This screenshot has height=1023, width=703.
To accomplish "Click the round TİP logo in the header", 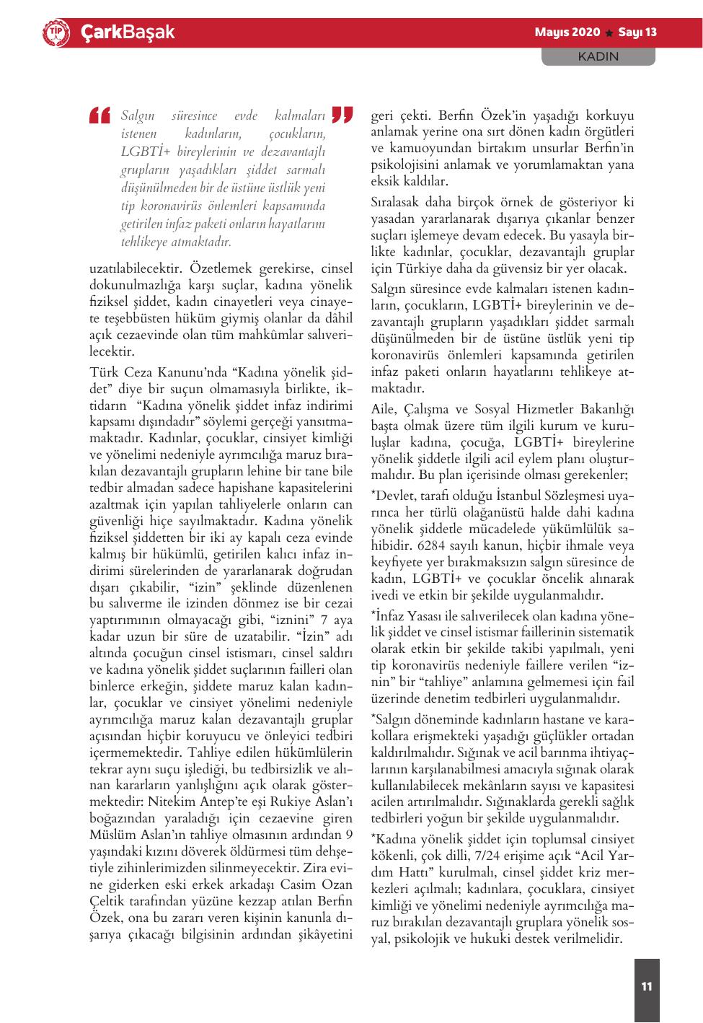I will click(55, 32).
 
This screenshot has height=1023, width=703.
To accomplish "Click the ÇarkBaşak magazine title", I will click(127, 32).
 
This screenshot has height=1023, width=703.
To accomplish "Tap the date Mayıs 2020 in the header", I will click(567, 32).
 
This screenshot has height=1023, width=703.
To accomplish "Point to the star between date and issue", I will click(609, 33).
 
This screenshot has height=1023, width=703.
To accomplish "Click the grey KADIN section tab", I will click(598, 56).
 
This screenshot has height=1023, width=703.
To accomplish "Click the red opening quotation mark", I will click(100, 115).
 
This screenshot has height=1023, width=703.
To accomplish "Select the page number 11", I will click(646, 985).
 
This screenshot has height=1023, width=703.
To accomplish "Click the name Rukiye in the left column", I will click(283, 801).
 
